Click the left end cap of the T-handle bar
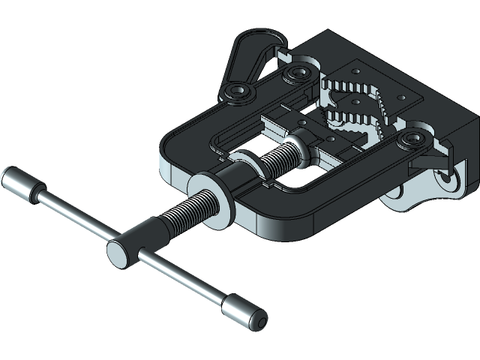click(x=18, y=183)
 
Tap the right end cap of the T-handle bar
click(x=243, y=312)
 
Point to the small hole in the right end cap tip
click(x=260, y=322)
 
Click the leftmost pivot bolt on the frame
click(x=238, y=92)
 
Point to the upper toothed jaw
click(x=352, y=86)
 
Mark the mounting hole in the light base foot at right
click(x=447, y=178)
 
